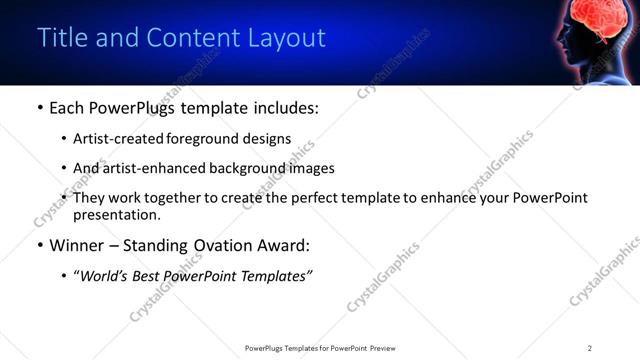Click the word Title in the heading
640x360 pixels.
59,38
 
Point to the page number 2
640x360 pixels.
590,348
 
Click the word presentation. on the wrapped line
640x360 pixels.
116,214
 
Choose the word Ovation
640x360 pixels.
222,244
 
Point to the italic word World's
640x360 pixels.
104,275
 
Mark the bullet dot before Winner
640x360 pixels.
39,244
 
